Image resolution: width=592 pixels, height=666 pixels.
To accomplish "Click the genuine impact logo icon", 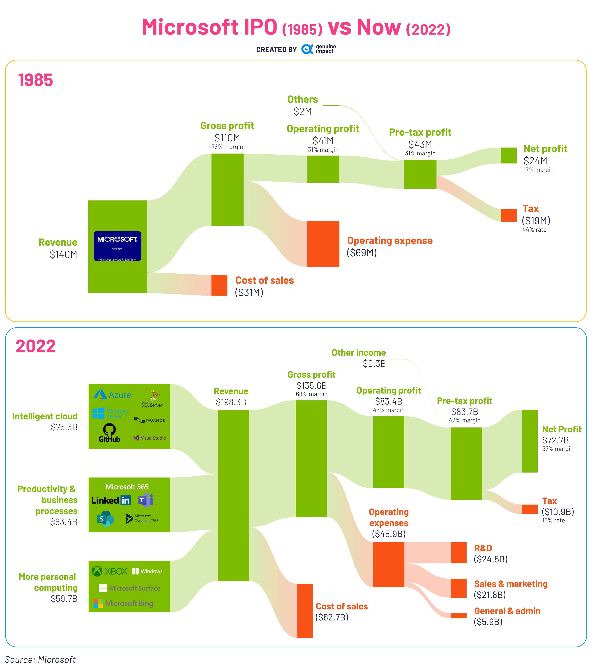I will click(307, 49).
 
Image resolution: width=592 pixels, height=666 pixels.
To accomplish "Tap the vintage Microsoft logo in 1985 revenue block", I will click(117, 246).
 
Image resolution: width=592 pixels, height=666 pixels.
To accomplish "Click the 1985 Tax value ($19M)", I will click(536, 221).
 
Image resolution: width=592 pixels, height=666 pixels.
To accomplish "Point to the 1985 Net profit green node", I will click(509, 155).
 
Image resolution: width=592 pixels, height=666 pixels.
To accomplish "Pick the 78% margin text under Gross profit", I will click(227, 147).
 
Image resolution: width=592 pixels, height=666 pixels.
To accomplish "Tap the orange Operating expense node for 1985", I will click(323, 244).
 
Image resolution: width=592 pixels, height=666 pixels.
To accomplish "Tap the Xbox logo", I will click(109, 571).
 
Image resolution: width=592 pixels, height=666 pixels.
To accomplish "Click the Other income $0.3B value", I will click(374, 364).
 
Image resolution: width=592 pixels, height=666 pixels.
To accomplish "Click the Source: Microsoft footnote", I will click(40, 659).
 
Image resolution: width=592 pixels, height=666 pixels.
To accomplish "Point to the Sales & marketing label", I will click(511, 584).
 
